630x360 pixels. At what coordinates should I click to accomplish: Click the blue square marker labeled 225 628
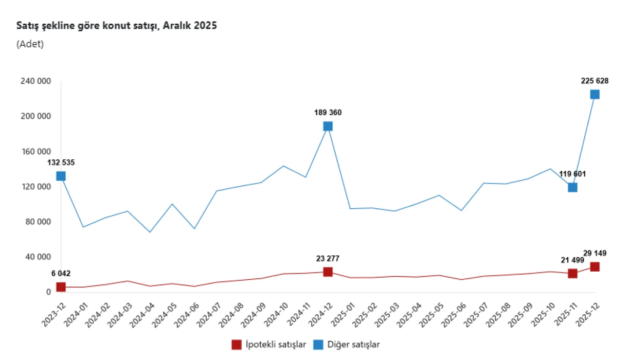point(595,94)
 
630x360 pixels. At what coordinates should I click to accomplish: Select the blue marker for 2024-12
point(328,126)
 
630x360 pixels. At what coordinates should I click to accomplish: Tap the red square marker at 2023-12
point(61,287)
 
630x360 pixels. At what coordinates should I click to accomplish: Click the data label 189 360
point(328,113)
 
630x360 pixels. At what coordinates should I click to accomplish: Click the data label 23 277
point(328,259)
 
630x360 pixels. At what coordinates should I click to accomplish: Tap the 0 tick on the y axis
point(48,292)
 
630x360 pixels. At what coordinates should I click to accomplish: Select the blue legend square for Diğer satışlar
point(318,344)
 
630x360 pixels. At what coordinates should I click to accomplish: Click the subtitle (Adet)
point(30,44)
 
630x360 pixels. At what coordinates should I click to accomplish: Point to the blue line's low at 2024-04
point(150,232)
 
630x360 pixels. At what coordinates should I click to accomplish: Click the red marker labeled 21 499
point(572,273)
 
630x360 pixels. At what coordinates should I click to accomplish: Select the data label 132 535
point(61,163)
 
